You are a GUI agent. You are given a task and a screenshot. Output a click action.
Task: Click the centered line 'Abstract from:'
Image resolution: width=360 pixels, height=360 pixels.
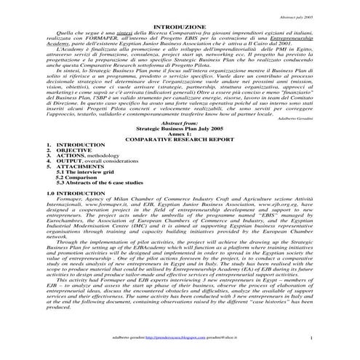pos(180,144)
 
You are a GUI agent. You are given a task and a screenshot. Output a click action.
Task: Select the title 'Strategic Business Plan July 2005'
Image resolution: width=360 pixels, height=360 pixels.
pos(180,151)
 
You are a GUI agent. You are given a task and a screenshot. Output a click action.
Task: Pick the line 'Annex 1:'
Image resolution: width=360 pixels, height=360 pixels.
pos(180,157)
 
